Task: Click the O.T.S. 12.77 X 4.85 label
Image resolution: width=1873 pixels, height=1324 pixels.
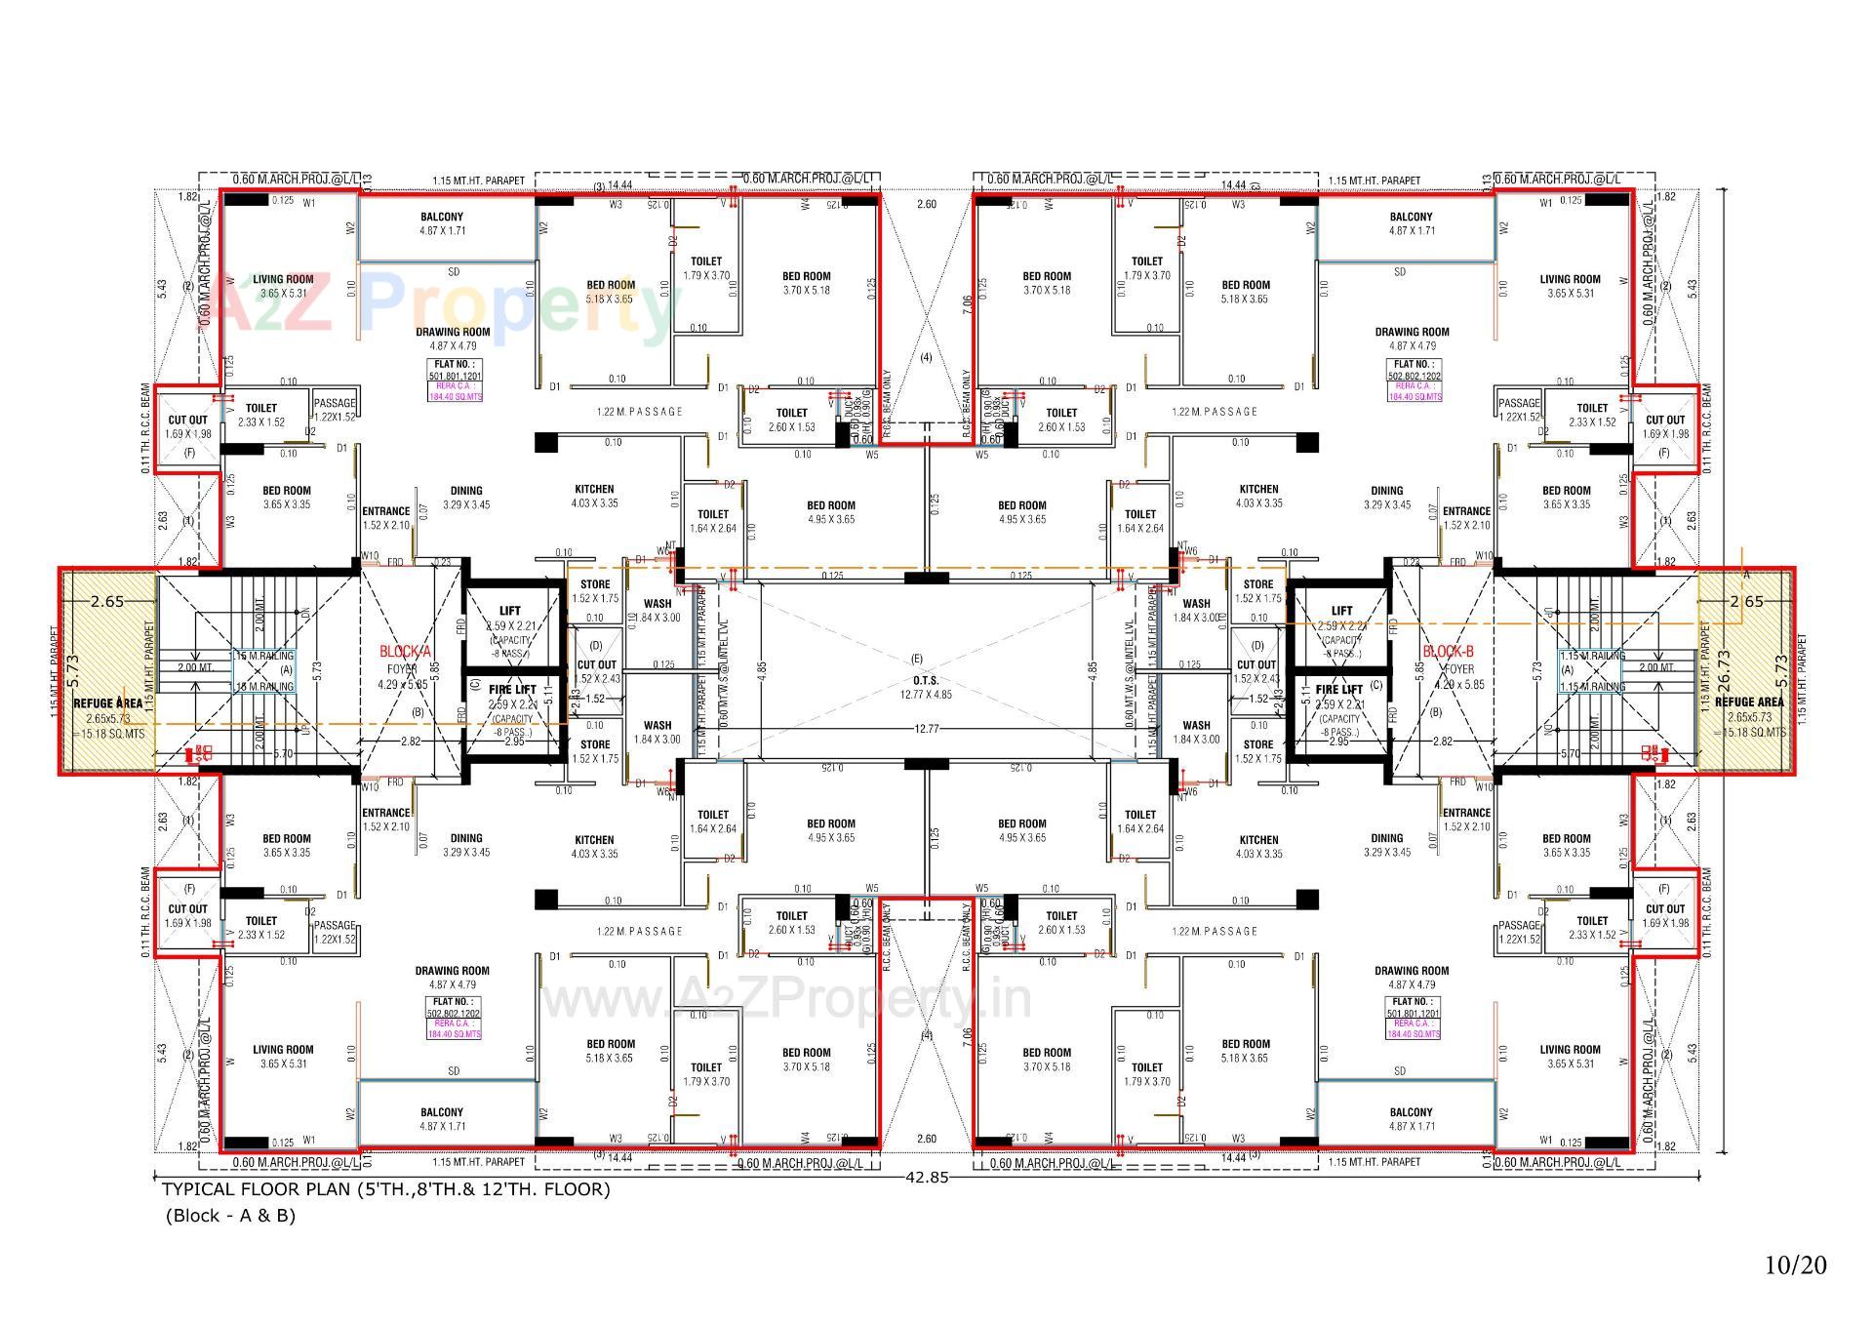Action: pyautogui.click(x=925, y=687)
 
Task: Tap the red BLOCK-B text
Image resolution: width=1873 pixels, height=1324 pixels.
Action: pyautogui.click(x=1448, y=651)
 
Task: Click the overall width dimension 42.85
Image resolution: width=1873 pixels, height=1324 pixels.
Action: pyautogui.click(x=926, y=1177)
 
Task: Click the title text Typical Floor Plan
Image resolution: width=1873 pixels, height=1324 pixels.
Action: pyautogui.click(x=385, y=1189)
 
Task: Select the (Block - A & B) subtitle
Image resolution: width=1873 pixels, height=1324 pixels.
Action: pyautogui.click(x=230, y=1216)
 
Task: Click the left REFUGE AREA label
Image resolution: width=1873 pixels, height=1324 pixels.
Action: pyautogui.click(x=107, y=702)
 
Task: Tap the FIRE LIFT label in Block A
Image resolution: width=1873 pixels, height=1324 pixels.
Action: pyautogui.click(x=512, y=690)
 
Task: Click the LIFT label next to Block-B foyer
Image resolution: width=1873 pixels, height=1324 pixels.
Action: pyautogui.click(x=1341, y=611)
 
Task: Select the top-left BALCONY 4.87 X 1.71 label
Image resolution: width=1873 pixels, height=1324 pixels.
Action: pyautogui.click(x=442, y=223)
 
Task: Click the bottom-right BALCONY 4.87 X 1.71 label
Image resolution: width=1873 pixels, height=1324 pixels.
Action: pyautogui.click(x=1411, y=1119)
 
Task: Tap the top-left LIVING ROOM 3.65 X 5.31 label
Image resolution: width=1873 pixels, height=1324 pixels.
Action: pyautogui.click(x=283, y=286)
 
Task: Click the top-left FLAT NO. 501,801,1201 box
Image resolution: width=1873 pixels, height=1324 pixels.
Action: pyautogui.click(x=454, y=381)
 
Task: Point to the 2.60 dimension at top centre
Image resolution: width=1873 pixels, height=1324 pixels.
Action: pyautogui.click(x=926, y=204)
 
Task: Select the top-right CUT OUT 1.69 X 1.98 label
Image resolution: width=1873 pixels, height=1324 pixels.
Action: pyautogui.click(x=1665, y=427)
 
